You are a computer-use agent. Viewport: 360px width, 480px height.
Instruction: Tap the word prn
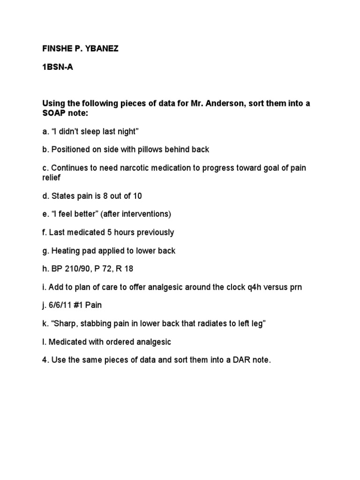pyautogui.click(x=295, y=287)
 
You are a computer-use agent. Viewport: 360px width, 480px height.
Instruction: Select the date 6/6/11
pyautogui.click(x=60, y=305)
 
